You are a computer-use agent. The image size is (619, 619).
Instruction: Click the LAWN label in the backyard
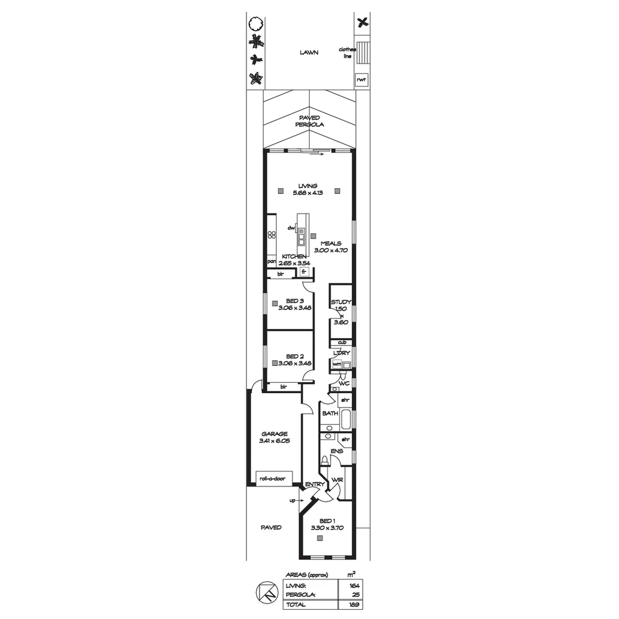point(309,53)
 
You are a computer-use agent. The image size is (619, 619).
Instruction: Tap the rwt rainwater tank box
point(361,80)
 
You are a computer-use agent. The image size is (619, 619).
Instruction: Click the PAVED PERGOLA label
point(309,121)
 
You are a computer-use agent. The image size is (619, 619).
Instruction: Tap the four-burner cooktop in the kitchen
point(272,237)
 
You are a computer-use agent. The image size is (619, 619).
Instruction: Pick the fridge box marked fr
point(304,272)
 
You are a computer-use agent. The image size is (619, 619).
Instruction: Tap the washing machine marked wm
point(337,364)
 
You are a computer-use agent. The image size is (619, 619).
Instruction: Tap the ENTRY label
point(315,484)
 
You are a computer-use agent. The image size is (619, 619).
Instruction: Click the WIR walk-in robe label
point(337,480)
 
